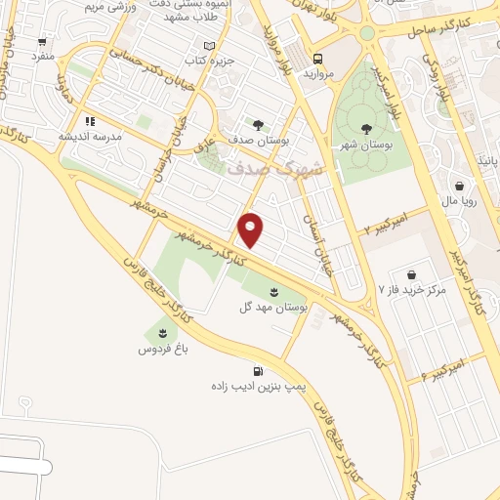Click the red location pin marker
251,229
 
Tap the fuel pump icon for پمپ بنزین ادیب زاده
258,371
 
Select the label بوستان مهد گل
273,307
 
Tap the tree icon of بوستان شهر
366,128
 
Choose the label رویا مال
458,201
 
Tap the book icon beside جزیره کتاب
208,46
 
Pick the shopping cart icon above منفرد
42,42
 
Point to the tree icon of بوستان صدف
258,124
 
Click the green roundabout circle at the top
367,33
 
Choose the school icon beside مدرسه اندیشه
90,122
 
